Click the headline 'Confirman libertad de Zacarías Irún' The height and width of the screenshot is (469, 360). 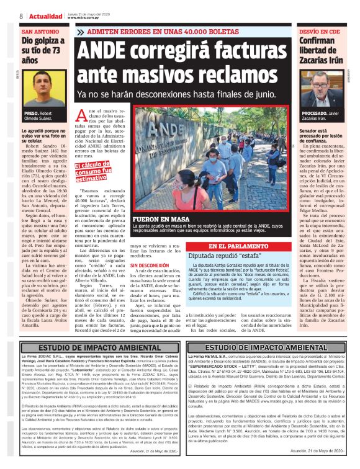coord(320,51)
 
